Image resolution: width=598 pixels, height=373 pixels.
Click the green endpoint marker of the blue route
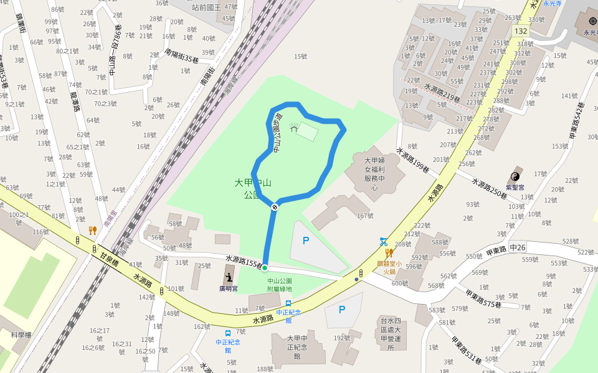click(x=265, y=268)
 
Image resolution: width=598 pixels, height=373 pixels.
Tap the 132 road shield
click(x=521, y=31)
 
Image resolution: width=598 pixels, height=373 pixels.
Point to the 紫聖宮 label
click(x=515, y=186)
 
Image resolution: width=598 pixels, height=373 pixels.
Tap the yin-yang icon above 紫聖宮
click(x=515, y=176)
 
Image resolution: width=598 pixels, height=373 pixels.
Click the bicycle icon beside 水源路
click(x=384, y=242)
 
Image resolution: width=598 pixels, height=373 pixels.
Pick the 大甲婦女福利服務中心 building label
click(x=375, y=174)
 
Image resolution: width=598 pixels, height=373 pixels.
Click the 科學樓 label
click(x=21, y=334)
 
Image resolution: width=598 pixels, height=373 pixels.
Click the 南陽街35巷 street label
click(x=182, y=56)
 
